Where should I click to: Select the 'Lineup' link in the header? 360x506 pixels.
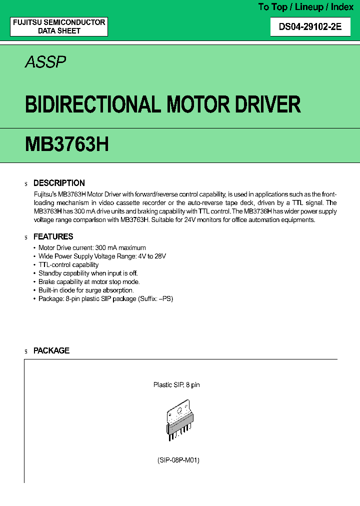click(309, 7)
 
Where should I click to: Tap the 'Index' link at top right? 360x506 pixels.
click(342, 7)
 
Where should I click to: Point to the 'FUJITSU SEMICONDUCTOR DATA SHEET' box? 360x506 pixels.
click(59, 26)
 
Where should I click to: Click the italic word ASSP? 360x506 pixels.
click(45, 62)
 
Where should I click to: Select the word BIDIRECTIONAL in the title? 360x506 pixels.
click(92, 105)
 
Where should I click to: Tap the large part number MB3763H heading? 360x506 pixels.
click(66, 144)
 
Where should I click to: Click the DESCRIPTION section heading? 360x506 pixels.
click(59, 183)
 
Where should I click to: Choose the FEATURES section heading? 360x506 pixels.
click(53, 236)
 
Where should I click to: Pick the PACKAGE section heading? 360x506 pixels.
click(51, 350)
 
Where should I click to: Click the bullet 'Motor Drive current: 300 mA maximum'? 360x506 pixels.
click(92, 247)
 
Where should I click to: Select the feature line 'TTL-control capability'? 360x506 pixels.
click(68, 264)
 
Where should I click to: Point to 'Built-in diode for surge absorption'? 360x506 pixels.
click(86, 290)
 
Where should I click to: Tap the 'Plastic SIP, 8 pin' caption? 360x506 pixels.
click(176, 385)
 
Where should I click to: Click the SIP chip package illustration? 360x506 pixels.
click(179, 419)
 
